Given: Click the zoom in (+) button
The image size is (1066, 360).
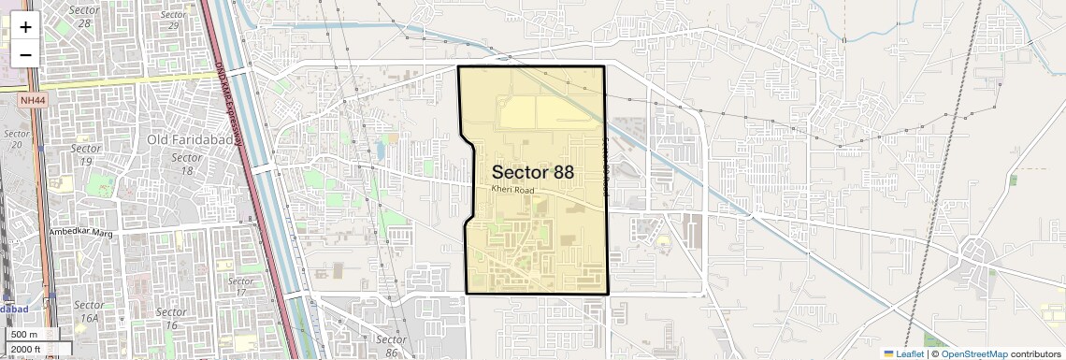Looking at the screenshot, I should coord(25,27).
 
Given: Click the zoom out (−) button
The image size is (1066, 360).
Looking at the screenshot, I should coord(25,54).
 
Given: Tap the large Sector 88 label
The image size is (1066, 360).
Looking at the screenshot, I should coord(532,172).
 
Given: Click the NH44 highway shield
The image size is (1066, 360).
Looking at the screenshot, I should coord(32,100).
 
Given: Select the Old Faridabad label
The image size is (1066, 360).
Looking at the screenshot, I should coord(184,139).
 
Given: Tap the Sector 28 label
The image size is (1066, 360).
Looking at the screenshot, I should coord(85,15).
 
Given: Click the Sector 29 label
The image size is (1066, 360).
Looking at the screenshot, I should coord(173,20).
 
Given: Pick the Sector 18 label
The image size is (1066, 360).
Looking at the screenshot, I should coord(187,164).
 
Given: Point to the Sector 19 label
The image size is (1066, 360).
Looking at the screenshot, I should coord(86,154).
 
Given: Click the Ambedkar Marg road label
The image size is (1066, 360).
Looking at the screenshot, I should coord(80,232).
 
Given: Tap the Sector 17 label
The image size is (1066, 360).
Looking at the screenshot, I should coord(240,286).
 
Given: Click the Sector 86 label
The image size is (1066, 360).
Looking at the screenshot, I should coord(391,345).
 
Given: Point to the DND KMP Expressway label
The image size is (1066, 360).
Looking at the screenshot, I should coord(230,103).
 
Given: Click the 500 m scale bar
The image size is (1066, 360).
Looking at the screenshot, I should coord(24,335).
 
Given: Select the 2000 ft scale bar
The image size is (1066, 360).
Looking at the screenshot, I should coord(28,350).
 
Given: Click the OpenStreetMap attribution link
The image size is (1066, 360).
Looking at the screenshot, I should coord(973,353).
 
